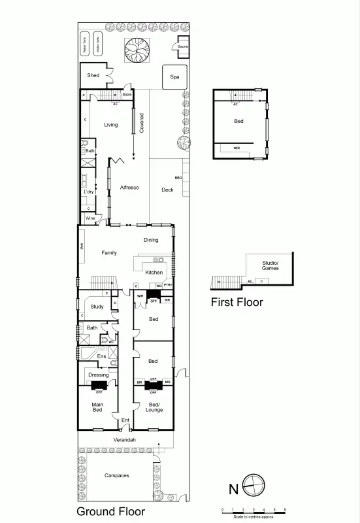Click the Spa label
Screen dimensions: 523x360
(174, 76)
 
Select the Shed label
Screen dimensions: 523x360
(93, 75)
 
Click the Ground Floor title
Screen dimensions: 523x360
(111, 511)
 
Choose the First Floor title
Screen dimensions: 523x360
(237, 302)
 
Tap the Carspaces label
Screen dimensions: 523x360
(116, 475)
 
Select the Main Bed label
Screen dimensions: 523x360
(97, 407)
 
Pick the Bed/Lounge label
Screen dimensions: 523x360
(154, 407)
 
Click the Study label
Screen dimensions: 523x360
(97, 306)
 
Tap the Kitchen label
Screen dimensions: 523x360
(154, 272)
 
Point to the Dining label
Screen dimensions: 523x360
(151, 240)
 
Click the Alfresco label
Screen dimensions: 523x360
(129, 188)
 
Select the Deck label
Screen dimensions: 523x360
(168, 190)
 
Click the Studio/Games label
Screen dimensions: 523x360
(270, 265)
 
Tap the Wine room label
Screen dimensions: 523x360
(90, 218)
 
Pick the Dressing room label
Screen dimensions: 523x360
(99, 375)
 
